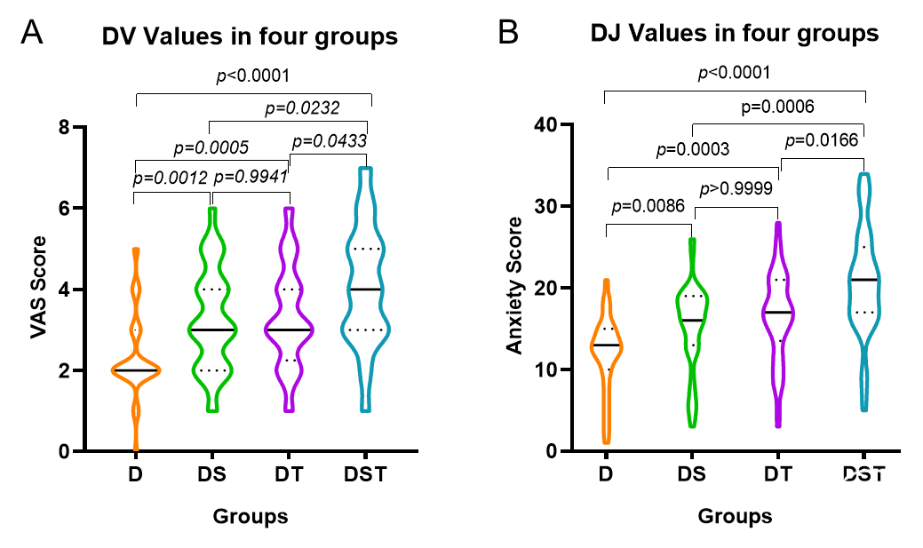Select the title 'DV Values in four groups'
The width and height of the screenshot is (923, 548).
click(x=249, y=37)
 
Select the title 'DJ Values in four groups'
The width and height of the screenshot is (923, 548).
click(x=735, y=35)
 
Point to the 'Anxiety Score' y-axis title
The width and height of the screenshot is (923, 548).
click(x=514, y=289)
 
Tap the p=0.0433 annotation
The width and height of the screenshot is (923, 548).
click(x=329, y=140)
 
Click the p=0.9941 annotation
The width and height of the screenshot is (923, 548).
click(x=251, y=176)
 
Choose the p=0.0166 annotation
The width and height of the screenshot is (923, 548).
click(x=823, y=141)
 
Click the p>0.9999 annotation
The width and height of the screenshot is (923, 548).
click(x=736, y=189)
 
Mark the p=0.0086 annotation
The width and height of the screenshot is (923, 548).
click(x=649, y=207)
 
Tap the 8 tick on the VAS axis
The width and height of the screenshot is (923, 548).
click(x=115, y=127)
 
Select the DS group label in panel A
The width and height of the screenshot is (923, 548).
click(x=212, y=474)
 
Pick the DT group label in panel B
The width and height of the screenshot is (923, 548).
click(x=778, y=474)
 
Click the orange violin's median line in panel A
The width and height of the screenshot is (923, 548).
click(x=135, y=370)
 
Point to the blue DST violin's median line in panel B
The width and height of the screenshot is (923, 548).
click(x=864, y=280)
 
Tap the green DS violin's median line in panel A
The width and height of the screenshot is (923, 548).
click(x=212, y=330)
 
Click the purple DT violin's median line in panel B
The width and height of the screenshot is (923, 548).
click(x=778, y=313)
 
